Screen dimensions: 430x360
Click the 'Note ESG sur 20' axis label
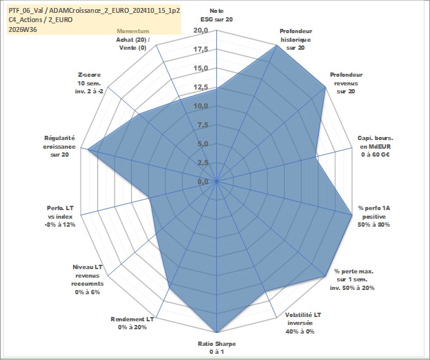[x=217, y=15]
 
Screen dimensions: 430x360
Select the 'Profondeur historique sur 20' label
[x=295, y=39]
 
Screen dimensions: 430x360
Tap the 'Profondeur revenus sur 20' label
[x=346, y=83]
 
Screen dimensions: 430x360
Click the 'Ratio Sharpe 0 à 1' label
[x=217, y=348]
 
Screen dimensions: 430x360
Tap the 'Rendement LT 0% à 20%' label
[x=132, y=323]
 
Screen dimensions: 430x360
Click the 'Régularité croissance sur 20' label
[x=59, y=146]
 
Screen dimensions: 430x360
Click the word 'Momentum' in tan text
[x=133, y=31]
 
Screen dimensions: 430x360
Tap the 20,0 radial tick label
[x=201, y=31]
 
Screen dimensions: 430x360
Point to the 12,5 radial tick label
[x=201, y=87]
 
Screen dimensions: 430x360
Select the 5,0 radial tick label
[x=202, y=144]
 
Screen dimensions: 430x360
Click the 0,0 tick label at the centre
[x=202, y=182]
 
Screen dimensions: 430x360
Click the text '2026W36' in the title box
[x=23, y=29]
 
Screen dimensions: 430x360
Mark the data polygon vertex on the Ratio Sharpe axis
[x=217, y=332]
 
